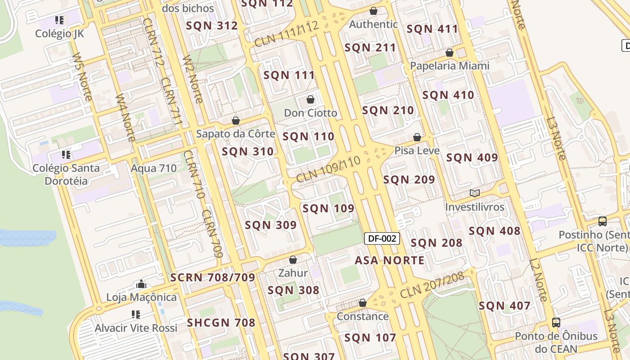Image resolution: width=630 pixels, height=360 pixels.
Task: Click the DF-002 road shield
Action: [x=382, y=238]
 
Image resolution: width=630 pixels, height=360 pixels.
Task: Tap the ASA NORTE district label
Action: [x=389, y=261]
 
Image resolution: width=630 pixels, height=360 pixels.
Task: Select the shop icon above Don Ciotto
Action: [x=310, y=99]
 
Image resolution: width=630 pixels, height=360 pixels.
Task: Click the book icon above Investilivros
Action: [x=474, y=193]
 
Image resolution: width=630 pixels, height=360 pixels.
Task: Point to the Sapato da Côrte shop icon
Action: [x=235, y=121]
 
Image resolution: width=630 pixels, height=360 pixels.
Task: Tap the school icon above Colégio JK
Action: [x=59, y=20]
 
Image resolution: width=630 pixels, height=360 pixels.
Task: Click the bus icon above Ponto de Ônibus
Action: [x=556, y=322]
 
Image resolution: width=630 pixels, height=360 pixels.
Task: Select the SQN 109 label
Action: [x=328, y=208]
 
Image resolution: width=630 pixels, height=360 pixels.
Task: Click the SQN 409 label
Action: [x=472, y=157]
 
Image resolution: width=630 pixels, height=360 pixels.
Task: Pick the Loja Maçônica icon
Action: [x=141, y=284]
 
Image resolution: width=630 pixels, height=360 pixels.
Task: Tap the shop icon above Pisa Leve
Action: [x=417, y=137]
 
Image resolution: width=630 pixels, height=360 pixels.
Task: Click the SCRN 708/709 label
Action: [x=213, y=278]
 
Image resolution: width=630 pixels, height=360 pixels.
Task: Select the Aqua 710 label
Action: [x=153, y=169]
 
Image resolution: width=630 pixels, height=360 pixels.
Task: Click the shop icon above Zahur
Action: [x=293, y=260]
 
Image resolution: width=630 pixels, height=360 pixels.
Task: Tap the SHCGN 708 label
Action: [x=221, y=323]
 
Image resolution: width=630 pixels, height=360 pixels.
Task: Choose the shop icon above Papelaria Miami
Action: [x=449, y=53]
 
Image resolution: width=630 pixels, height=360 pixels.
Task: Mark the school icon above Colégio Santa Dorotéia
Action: [x=66, y=155]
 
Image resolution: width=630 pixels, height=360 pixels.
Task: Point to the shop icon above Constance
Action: [x=363, y=303]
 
